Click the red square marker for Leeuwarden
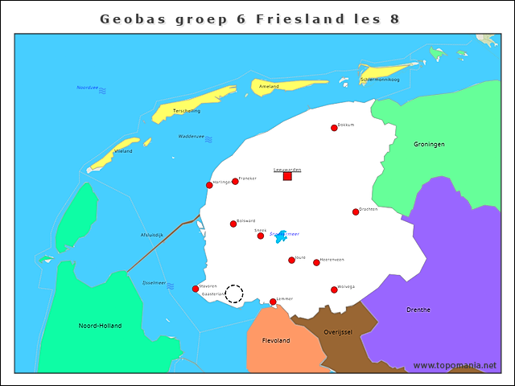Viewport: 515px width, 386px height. [x=287, y=176]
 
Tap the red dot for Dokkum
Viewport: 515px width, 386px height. [x=334, y=128]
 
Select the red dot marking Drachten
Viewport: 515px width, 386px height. [x=356, y=211]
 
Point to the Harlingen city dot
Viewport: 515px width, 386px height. [x=209, y=185]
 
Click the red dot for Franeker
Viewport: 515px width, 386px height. [x=235, y=181]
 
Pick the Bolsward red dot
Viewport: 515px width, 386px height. [x=233, y=224]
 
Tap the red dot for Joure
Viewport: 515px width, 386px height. [x=291, y=260]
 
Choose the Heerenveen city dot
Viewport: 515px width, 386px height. [x=316, y=262]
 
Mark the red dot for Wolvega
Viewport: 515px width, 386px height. [x=334, y=289]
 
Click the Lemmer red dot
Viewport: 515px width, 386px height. [x=273, y=302]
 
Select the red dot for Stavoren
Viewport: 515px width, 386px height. [x=196, y=289]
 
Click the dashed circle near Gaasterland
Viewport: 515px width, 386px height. [x=234, y=294]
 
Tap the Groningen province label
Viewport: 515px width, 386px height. [x=429, y=145]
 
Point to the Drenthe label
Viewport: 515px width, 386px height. [x=418, y=310]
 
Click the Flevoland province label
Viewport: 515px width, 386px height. [x=276, y=341]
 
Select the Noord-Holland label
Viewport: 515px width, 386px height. [x=100, y=326]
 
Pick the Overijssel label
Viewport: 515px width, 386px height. [x=337, y=331]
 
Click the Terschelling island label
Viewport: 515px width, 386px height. [x=187, y=111]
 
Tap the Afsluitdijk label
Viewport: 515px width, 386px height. [x=152, y=235]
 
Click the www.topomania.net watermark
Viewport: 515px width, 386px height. [x=455, y=366]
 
